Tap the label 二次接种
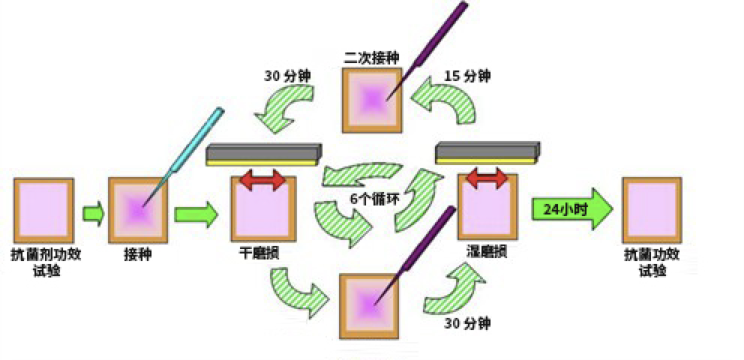click(x=371, y=57)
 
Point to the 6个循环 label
click(x=372, y=199)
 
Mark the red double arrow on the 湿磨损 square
click(x=487, y=179)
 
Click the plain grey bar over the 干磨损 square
click(x=262, y=154)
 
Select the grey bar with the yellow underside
click(x=487, y=152)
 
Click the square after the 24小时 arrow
click(x=651, y=209)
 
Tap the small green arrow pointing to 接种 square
click(x=93, y=212)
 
